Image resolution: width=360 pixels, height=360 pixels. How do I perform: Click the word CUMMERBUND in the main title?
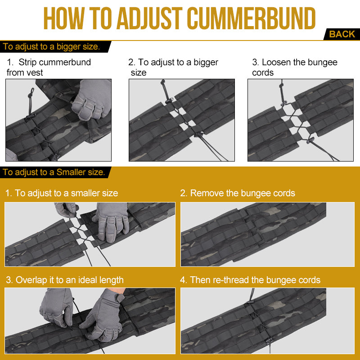251,18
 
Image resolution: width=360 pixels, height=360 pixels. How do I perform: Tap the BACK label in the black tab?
342,34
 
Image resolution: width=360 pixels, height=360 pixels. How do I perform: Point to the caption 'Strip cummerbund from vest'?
49,67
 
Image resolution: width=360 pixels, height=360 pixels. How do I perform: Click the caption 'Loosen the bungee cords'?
295,67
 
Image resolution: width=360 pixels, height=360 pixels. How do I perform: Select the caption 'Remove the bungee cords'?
238,193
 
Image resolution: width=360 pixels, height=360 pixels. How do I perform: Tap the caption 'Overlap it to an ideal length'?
65,280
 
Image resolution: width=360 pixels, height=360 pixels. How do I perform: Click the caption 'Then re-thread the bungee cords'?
250,280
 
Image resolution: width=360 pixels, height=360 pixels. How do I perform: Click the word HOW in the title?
64,18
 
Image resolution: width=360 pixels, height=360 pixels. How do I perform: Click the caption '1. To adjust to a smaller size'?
62,193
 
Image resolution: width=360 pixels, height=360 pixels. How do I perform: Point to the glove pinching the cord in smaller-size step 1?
66,209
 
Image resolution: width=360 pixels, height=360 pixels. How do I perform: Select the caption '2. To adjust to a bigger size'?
173,67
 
